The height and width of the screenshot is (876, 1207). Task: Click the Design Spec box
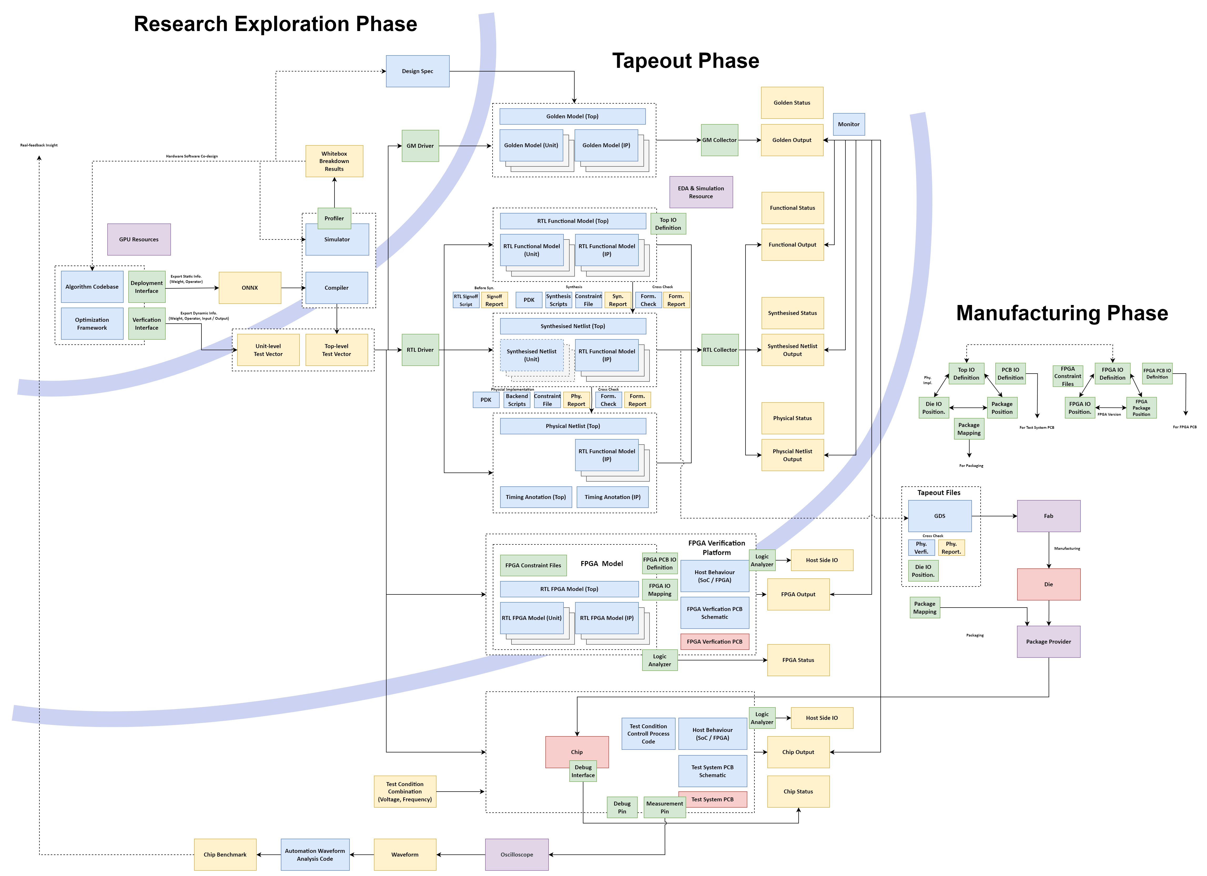[x=417, y=71]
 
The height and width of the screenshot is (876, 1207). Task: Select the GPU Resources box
[x=139, y=240]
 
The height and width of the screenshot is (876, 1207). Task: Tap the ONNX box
[x=250, y=288]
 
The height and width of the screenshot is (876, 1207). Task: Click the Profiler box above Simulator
[x=334, y=218]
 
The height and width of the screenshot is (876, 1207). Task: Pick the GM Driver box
[x=420, y=146]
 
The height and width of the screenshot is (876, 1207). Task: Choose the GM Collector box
[x=719, y=140]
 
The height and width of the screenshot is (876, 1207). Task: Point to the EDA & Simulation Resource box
[x=701, y=192]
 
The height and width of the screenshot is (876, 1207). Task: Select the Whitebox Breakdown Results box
[x=334, y=161]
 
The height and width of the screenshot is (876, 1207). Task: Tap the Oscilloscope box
[x=516, y=855]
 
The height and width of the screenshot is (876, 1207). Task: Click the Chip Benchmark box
[x=225, y=855]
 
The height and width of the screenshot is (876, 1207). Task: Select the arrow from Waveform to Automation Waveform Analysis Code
[x=362, y=855]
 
